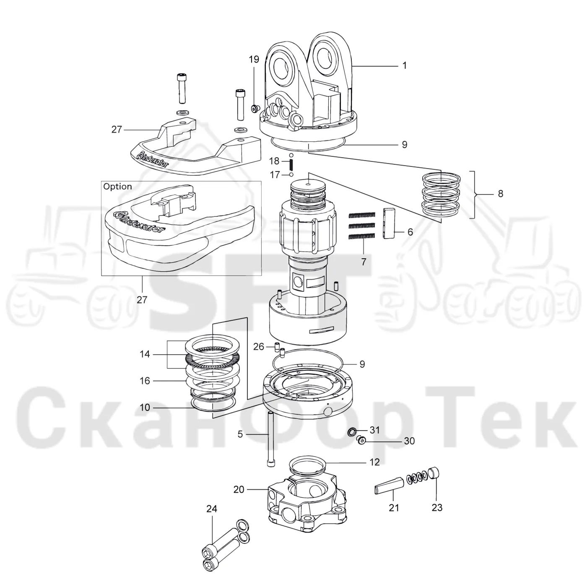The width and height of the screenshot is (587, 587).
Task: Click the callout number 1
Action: point(405,65)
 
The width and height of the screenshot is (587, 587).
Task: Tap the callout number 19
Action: point(254,60)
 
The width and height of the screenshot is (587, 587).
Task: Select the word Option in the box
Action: point(117,187)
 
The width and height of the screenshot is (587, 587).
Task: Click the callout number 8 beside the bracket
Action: point(501,193)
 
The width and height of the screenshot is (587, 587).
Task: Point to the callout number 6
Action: point(410,232)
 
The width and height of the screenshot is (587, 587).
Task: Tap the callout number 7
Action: point(364,262)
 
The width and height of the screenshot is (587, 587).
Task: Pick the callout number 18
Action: point(274,161)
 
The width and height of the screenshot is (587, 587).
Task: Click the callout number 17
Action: point(275,175)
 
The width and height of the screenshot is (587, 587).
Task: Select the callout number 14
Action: point(145,354)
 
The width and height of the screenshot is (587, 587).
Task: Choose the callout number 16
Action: point(145,381)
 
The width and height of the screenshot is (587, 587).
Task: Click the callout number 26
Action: point(259,347)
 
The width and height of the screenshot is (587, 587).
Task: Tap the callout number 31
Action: point(375,430)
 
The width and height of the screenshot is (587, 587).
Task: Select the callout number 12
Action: point(375,462)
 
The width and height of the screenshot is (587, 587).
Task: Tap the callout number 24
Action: point(212,509)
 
